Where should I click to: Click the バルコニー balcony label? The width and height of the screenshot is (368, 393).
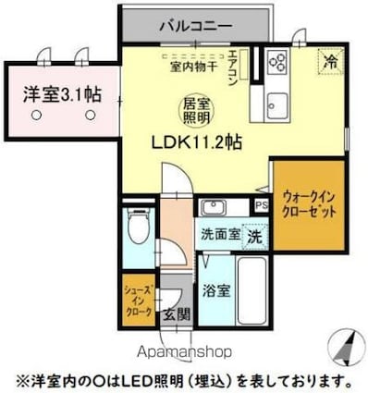195,25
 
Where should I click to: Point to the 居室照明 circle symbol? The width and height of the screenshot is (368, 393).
192,112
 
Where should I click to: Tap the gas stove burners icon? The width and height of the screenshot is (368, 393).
276,62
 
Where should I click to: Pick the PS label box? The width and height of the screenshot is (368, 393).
261,205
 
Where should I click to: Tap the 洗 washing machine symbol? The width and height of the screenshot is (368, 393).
254,235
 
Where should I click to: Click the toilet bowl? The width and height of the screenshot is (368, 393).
139,227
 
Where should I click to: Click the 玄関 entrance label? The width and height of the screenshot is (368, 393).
178,314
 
